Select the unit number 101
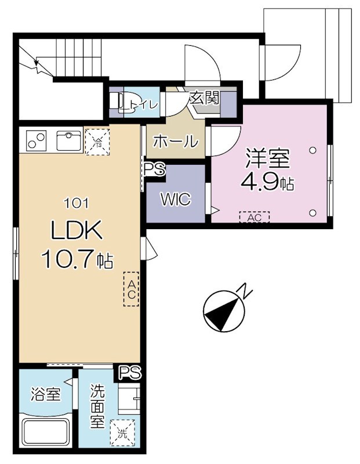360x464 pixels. click(x=77, y=203)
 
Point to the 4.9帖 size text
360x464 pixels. click(x=267, y=183)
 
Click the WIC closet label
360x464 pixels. click(x=176, y=200)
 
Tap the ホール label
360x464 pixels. click(x=175, y=142)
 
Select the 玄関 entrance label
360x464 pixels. click(x=203, y=97)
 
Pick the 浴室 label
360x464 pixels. click(x=46, y=395)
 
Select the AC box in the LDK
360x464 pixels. click(x=132, y=288)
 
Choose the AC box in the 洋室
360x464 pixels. click(x=254, y=217)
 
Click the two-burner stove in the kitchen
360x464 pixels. click(x=36, y=140)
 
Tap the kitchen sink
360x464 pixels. click(x=69, y=140)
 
